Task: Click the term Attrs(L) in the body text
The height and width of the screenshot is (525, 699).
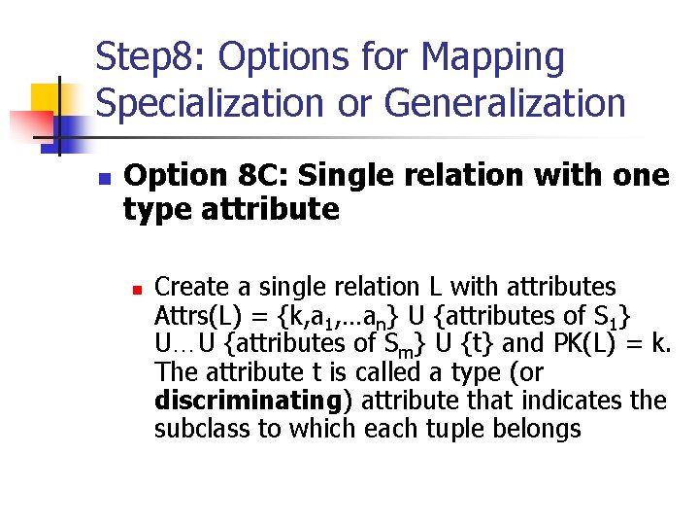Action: pos(190,315)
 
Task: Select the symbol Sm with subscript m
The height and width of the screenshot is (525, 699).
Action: pos(397,345)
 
